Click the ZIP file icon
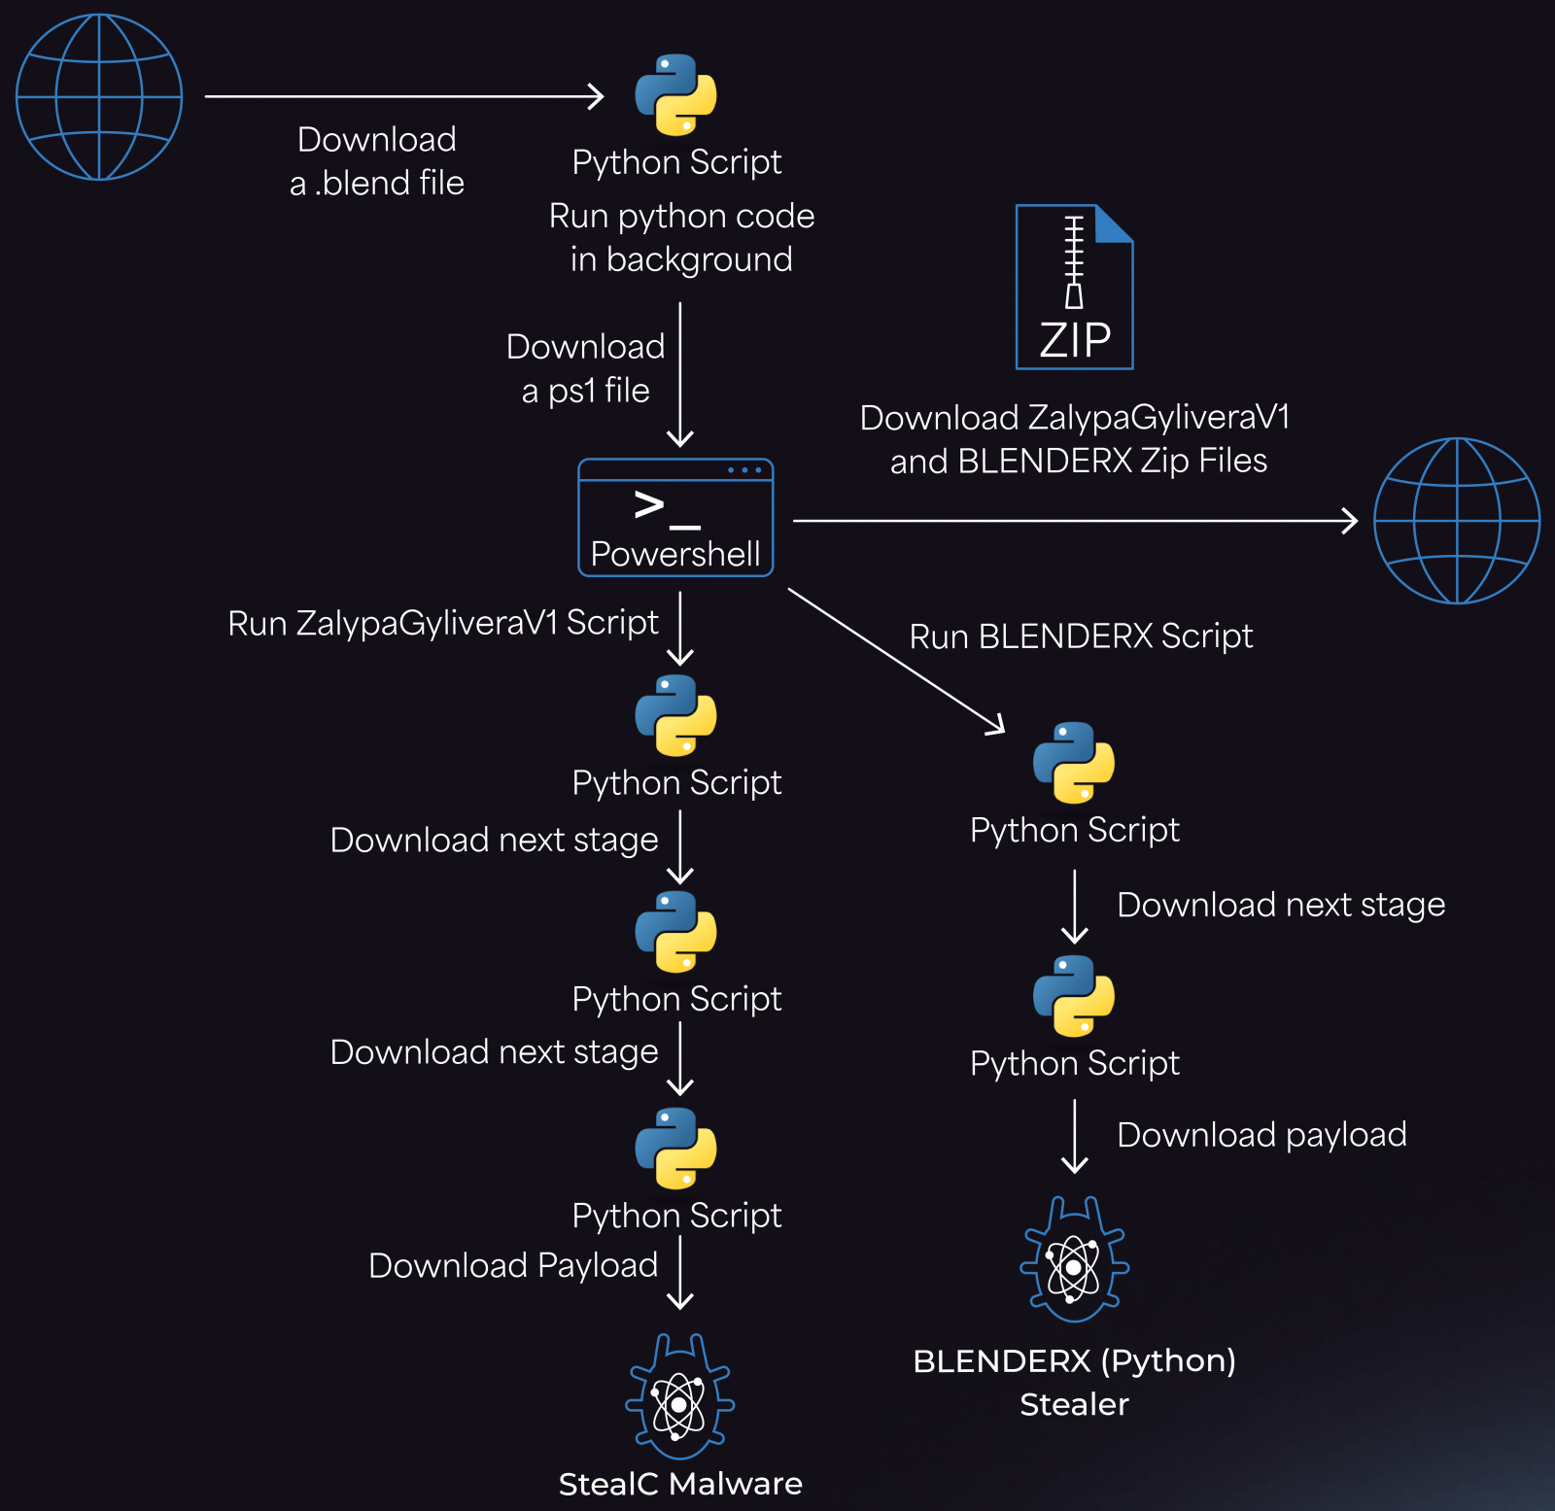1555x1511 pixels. (1074, 287)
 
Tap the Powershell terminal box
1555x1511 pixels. (675, 518)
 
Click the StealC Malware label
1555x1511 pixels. (680, 1484)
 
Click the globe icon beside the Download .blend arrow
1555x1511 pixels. (99, 97)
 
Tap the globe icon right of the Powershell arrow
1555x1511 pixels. (1456, 521)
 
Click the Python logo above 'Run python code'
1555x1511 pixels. (675, 95)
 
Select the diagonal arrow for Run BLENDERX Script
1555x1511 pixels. (895, 660)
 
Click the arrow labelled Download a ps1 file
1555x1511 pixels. (680, 374)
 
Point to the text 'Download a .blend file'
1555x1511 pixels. (377, 161)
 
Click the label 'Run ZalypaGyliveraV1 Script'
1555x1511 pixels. (442, 623)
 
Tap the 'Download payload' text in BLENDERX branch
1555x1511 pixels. (1261, 1135)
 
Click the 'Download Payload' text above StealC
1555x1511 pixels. (513, 1265)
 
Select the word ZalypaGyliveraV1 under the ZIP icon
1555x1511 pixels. (1158, 418)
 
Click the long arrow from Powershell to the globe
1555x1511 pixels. (1074, 521)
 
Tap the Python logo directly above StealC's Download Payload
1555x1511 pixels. (675, 1149)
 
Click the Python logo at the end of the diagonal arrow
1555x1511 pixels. (1073, 763)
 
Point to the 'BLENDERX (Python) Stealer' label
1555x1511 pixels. (1074, 1382)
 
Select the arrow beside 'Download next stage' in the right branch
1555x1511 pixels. (1075, 906)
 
